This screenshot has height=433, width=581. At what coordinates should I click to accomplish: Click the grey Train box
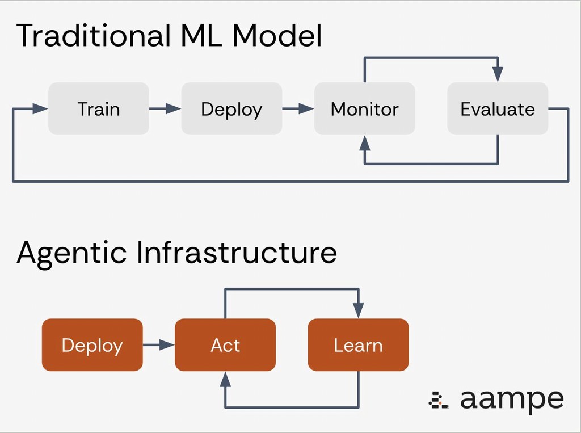pos(99,109)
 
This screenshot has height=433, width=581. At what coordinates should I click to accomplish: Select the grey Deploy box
pos(231,109)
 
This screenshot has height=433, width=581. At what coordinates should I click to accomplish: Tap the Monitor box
pos(365,109)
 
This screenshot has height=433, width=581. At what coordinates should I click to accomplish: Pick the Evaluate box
pos(498,109)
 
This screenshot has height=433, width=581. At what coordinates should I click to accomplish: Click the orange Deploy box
pos(92,345)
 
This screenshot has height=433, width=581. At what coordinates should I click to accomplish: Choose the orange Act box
pos(225,345)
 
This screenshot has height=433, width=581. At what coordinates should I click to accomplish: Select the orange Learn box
pos(358,345)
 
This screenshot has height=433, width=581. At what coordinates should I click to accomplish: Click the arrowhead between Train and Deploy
pos(174,109)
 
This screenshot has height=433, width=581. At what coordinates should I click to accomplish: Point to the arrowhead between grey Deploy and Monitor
pos(307,109)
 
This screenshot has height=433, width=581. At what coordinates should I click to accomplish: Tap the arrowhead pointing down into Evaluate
pos(498,74)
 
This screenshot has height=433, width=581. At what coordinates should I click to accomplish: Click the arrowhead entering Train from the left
pos(40,109)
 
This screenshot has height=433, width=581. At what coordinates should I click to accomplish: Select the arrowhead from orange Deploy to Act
pos(167,345)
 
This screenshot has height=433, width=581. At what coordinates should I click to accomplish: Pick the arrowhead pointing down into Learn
pos(358,310)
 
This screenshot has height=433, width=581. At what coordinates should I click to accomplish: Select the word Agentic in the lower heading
pos(71,252)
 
